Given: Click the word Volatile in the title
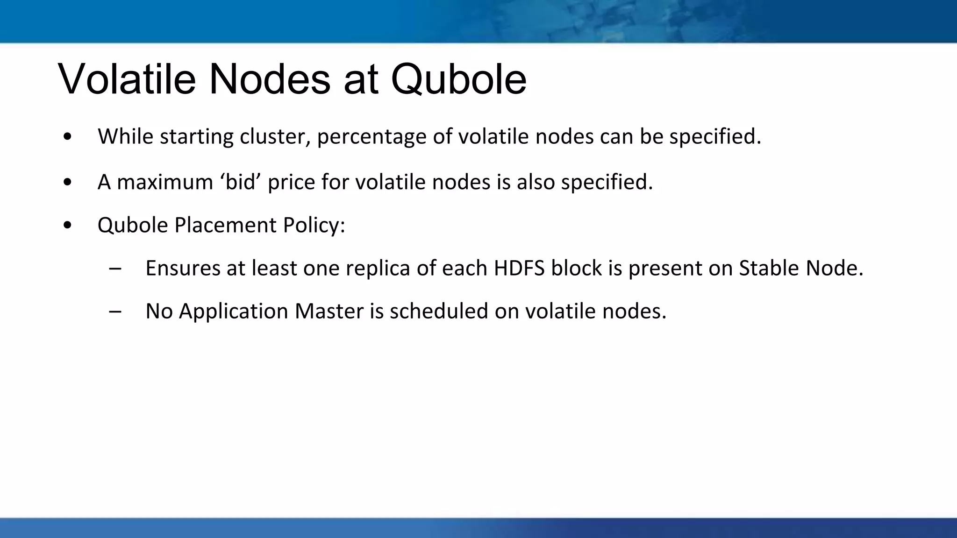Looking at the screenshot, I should pyautogui.click(x=127, y=79).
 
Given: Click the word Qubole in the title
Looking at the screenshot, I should pyautogui.click(x=458, y=79).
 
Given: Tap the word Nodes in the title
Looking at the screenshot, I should pyautogui.click(x=270, y=79).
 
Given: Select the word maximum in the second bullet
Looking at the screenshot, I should pyautogui.click(x=165, y=182).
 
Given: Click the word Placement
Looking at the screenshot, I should pyautogui.click(x=225, y=226).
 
